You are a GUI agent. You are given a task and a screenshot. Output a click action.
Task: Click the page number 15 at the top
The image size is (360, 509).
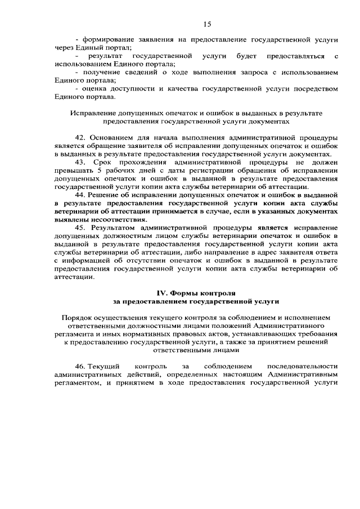(206, 24)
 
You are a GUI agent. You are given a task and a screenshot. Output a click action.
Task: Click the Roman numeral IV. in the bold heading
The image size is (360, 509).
(162, 293)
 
